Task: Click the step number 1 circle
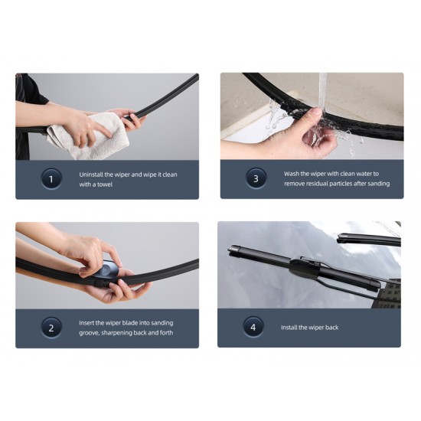(x=51, y=179)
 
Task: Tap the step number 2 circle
(x=51, y=328)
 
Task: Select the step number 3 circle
(x=256, y=178)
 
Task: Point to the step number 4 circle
(x=253, y=327)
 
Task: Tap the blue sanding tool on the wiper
(x=107, y=270)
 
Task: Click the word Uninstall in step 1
(x=91, y=175)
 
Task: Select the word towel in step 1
(x=105, y=184)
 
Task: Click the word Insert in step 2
(x=86, y=323)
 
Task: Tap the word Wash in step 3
(x=291, y=174)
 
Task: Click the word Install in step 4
(x=289, y=328)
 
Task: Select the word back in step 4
(x=331, y=328)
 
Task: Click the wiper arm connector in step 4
(x=305, y=268)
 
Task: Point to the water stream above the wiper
(x=322, y=90)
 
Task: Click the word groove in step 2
(x=89, y=333)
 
